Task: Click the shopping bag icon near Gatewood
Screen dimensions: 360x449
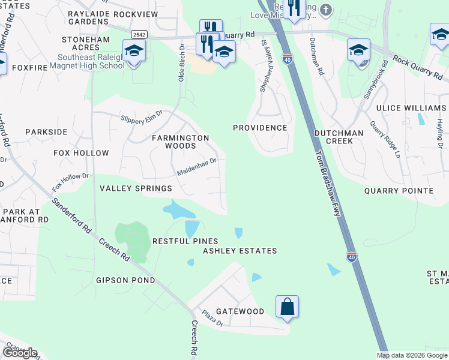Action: (x=288, y=306)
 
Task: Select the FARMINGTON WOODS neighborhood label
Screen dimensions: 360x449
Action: (x=180, y=142)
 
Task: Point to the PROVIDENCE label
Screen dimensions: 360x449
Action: (x=260, y=128)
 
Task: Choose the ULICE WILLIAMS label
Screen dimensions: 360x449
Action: (x=411, y=108)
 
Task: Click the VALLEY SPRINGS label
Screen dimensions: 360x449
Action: (x=136, y=188)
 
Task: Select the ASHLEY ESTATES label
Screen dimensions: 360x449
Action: (x=240, y=251)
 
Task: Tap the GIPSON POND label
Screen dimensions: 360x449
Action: (x=125, y=280)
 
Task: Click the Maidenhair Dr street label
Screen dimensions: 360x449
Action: (x=196, y=166)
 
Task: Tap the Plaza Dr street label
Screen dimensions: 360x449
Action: (x=212, y=318)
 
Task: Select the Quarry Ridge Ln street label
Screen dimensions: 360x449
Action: (x=385, y=139)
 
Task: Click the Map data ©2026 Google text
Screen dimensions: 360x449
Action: (x=412, y=355)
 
